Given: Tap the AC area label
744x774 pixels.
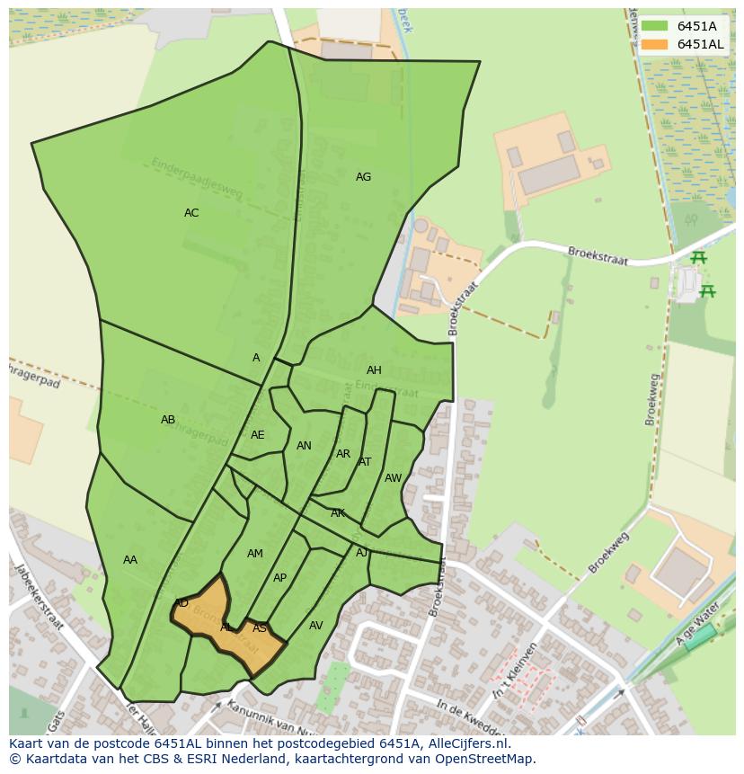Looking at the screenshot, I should (x=191, y=213).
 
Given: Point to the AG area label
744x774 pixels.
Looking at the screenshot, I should (x=363, y=177).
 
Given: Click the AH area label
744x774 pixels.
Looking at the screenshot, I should (x=374, y=370).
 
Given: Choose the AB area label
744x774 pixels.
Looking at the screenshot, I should (x=168, y=420).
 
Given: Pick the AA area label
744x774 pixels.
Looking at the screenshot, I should (x=130, y=560).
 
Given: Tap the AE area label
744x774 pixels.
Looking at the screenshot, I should (x=258, y=435).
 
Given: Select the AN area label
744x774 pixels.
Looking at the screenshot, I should (x=304, y=446).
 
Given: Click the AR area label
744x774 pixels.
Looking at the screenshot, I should (x=343, y=454).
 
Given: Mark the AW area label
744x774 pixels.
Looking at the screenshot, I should (x=393, y=478).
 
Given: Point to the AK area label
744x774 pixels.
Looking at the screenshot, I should (x=338, y=513).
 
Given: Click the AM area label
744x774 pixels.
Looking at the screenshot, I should (x=255, y=554).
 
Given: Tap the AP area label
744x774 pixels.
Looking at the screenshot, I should (x=279, y=578).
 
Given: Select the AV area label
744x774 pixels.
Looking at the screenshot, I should (x=315, y=626).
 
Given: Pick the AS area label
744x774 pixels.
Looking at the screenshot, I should (x=260, y=628).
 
